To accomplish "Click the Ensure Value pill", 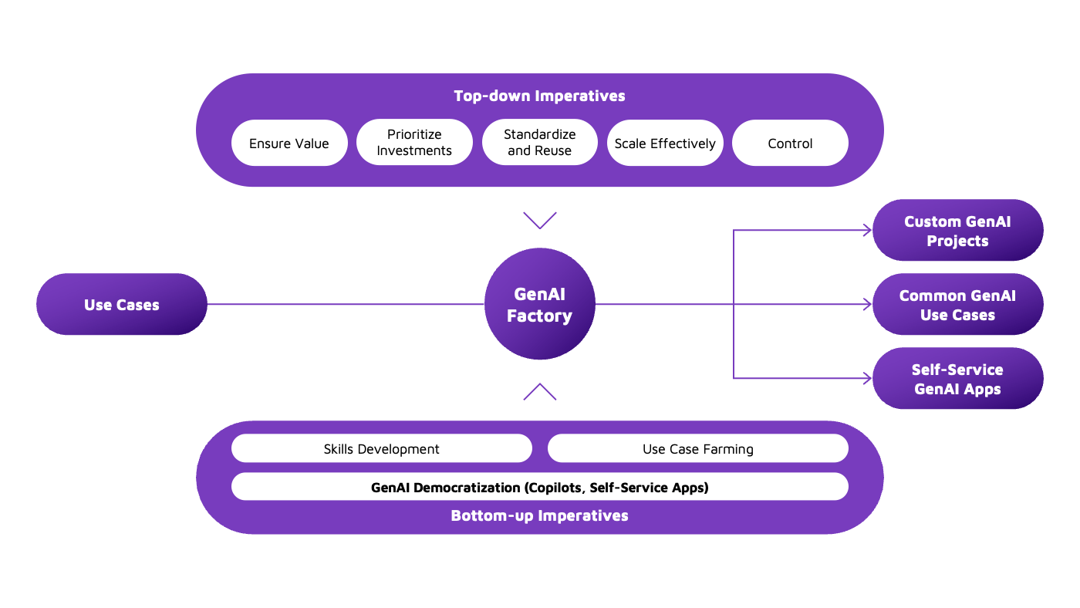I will (x=289, y=143).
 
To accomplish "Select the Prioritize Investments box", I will (x=414, y=143).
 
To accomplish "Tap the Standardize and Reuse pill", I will (x=540, y=143).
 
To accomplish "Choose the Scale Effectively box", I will (x=665, y=143).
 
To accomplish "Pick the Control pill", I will (x=790, y=143).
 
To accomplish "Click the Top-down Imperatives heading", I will (x=539, y=96).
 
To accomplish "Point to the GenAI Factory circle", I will (x=540, y=304).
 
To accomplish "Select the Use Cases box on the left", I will (x=122, y=304).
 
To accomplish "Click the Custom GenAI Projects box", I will (x=957, y=231).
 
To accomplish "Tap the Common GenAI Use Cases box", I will (x=957, y=305).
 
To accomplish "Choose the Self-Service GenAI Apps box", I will (x=957, y=379).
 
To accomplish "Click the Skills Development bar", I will (x=382, y=448).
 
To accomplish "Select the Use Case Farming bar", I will (x=697, y=448).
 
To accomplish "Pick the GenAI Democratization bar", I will (x=540, y=487).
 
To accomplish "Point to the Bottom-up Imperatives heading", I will (x=539, y=515).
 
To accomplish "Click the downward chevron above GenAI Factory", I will (x=540, y=221).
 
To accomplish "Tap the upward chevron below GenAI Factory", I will (x=540, y=391).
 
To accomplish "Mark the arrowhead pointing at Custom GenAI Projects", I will (x=867, y=230).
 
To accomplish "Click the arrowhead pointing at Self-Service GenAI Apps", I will (x=867, y=378).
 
